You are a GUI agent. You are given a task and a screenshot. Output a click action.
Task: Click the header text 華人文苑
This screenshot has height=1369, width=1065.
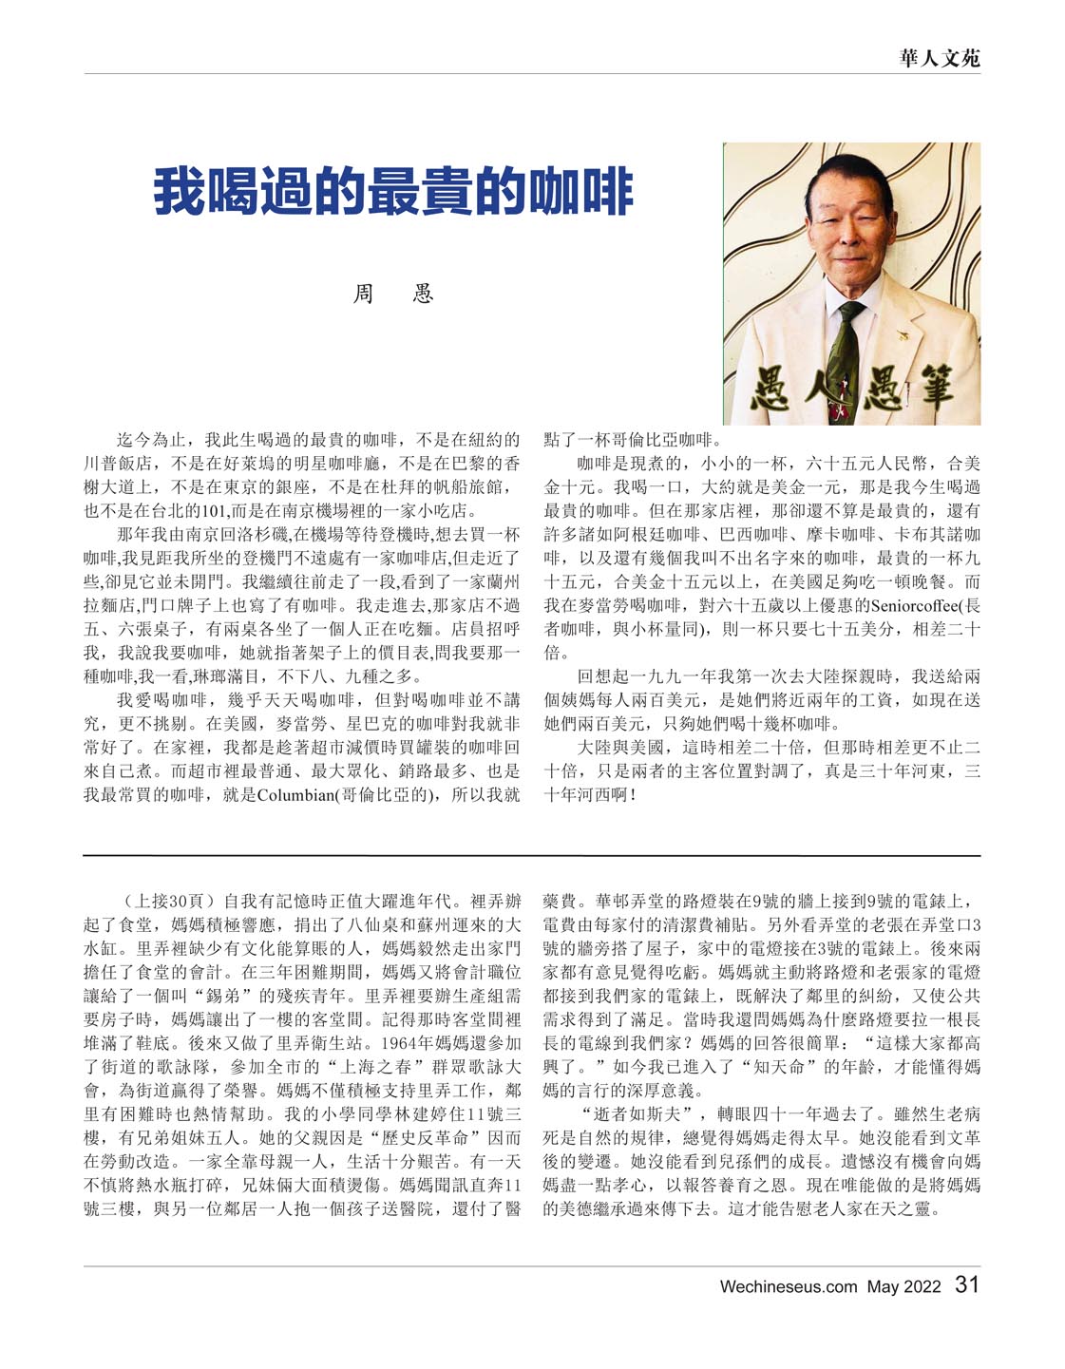point(940,58)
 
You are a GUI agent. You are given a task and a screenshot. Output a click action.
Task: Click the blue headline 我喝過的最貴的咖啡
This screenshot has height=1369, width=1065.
point(392,191)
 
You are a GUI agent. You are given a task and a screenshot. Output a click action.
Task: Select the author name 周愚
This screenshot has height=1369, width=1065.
point(392,294)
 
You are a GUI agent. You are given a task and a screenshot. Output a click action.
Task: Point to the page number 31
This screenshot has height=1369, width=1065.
point(966,1285)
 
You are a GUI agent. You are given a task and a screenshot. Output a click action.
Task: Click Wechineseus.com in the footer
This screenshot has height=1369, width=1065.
point(789,1287)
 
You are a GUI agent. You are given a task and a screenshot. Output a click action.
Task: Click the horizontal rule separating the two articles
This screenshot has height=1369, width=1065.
point(532,855)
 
